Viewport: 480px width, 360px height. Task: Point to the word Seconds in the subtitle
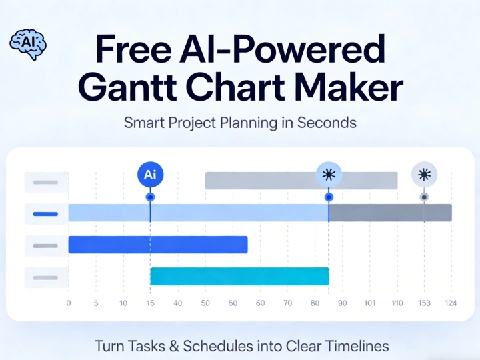[x=326, y=123]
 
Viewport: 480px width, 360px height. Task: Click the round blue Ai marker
[x=150, y=175]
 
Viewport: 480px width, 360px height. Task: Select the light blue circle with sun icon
[x=329, y=175]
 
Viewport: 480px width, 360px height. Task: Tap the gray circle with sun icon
[x=424, y=175]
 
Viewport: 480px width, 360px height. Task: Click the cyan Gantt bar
[x=239, y=276]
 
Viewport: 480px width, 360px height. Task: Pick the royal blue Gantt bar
[x=158, y=245]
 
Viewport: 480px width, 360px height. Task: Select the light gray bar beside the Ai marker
[x=260, y=180]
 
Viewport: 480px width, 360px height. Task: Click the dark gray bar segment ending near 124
[x=390, y=213]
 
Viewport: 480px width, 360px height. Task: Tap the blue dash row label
[x=46, y=213]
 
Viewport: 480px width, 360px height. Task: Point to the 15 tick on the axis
[x=150, y=303]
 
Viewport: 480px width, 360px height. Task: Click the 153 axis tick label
[x=424, y=303]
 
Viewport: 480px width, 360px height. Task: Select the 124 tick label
[x=451, y=303]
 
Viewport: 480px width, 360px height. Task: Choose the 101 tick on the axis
[x=370, y=303]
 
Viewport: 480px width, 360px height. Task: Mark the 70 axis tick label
[x=287, y=303]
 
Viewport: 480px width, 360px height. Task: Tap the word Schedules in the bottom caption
[x=217, y=346]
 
